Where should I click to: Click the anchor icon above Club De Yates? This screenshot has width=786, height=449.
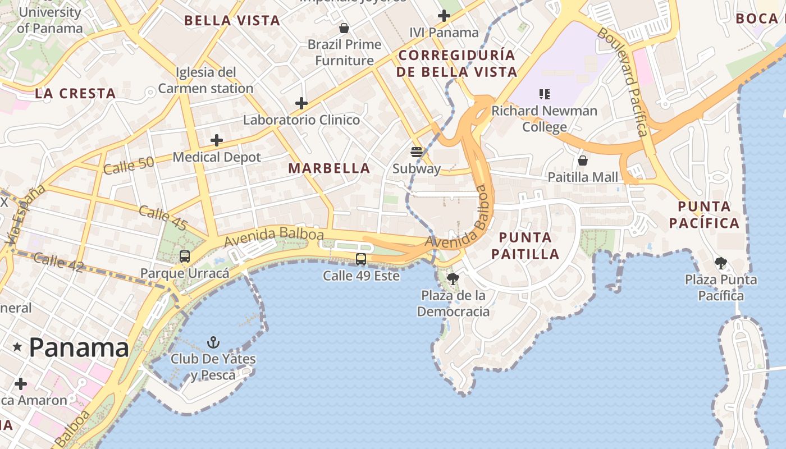[x=213, y=342]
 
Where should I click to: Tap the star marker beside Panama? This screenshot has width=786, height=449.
[x=17, y=347]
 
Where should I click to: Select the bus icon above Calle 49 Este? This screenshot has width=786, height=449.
[x=361, y=259]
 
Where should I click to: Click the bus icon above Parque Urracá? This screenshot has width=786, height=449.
[x=185, y=256]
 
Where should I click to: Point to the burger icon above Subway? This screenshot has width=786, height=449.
[x=416, y=152]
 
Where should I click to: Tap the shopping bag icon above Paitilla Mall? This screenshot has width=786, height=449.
[x=583, y=161]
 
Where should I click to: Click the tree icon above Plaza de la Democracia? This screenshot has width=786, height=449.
[x=453, y=278]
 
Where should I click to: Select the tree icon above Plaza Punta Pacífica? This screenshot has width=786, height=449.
[x=721, y=263]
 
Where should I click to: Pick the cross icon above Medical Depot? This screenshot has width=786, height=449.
[x=217, y=140]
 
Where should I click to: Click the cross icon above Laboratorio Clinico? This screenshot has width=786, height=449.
[x=301, y=103]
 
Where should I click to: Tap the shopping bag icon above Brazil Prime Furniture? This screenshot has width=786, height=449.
[x=344, y=28]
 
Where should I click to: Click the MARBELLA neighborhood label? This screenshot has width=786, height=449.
[x=329, y=168]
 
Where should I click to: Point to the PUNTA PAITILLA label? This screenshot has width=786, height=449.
[x=525, y=245]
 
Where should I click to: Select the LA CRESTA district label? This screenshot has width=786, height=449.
[x=75, y=94]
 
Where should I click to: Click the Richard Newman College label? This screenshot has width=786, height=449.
[x=544, y=118]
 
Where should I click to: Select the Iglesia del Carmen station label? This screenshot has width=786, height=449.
[x=205, y=80]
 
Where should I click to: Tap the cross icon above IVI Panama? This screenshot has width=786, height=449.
[x=444, y=16]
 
